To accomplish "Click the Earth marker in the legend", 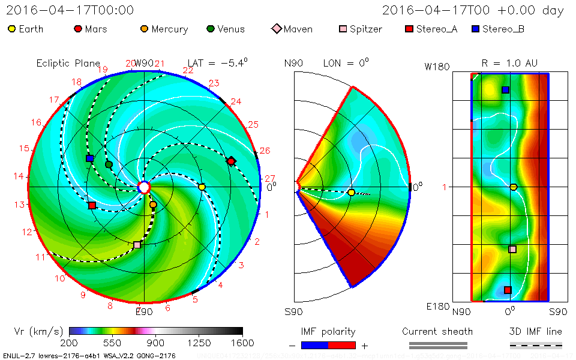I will [x=12, y=29].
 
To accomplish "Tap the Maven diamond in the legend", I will [x=276, y=29].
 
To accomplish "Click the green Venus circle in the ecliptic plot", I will [x=109, y=164].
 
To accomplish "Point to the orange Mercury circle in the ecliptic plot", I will [x=153, y=205].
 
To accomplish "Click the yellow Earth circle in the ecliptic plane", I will [x=202, y=187].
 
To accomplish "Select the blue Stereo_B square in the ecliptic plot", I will [x=89, y=158].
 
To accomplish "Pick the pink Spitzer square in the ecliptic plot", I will [x=137, y=245].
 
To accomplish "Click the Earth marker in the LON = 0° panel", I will [x=351, y=193].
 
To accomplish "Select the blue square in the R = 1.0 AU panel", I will [x=505, y=90].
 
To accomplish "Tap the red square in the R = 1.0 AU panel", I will [x=508, y=290].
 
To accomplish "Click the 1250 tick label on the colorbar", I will [x=199, y=343].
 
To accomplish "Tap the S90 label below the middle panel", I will [x=294, y=311].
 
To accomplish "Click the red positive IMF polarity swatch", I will [x=342, y=345].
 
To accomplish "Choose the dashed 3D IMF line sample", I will [x=536, y=345].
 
